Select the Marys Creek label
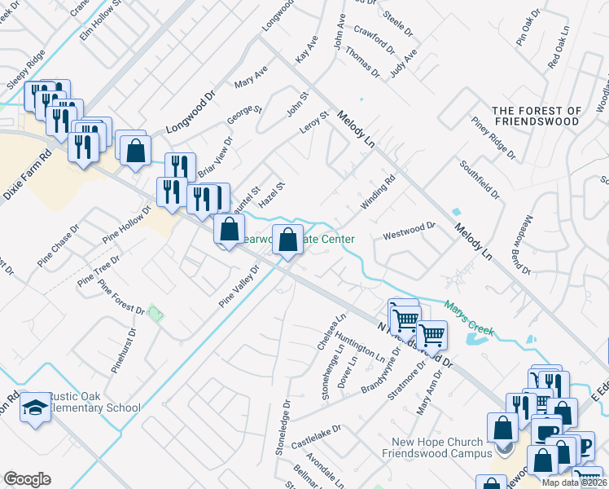pos(468,319)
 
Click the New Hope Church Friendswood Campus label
pos(440,447)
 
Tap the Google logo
pos(27,479)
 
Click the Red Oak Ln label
pos(559,51)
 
